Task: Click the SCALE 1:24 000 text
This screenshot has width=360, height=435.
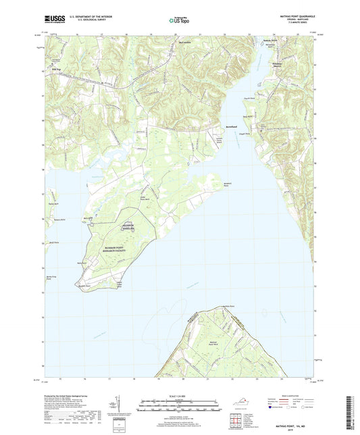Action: click(180, 394)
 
